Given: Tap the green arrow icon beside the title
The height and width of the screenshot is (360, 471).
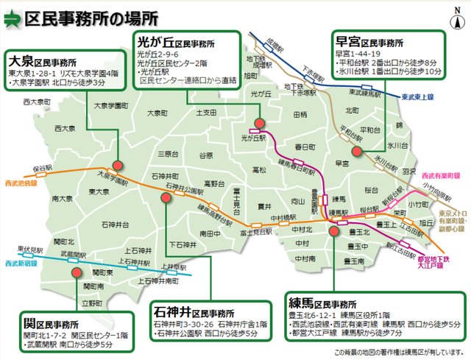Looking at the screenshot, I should click(x=13, y=18).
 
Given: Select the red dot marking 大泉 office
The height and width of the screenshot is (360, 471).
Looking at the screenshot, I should click(x=116, y=166).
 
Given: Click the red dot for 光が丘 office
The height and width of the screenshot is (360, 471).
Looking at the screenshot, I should click(x=259, y=122).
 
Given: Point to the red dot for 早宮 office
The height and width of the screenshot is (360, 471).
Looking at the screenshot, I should click(x=356, y=152).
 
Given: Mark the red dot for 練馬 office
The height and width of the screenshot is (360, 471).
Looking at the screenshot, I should click(x=334, y=230).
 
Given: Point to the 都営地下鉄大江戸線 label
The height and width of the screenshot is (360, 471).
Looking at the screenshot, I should click(x=437, y=264).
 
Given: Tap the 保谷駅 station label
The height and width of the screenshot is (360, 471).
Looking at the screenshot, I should click(x=42, y=169).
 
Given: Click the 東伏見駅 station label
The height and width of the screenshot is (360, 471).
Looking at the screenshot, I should click(x=32, y=248).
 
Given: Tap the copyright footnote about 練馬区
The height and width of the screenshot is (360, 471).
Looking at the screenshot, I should click(x=400, y=352).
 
